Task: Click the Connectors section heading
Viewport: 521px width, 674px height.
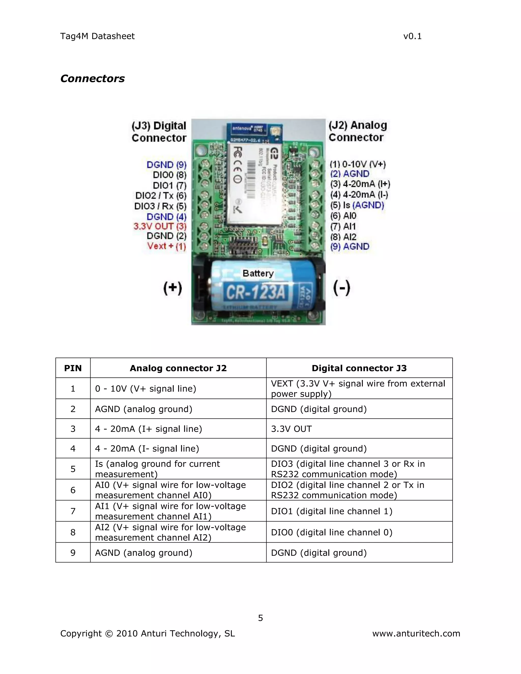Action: click(92, 78)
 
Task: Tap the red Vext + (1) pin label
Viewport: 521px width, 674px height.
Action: click(166, 246)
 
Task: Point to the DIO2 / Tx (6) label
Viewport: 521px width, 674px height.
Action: click(161, 196)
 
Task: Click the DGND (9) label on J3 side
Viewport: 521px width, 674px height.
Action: click(166, 165)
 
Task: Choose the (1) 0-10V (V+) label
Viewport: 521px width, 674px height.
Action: click(358, 164)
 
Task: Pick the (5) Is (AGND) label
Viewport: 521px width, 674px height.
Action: click(357, 205)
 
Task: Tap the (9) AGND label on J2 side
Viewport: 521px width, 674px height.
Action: click(350, 246)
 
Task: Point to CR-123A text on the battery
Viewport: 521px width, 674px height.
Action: click(256, 292)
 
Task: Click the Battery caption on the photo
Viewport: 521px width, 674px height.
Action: click(258, 273)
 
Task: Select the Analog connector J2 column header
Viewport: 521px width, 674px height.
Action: click(178, 368)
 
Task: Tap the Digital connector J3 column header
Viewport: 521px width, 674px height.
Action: click(359, 368)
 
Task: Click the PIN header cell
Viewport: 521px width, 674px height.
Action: click(73, 368)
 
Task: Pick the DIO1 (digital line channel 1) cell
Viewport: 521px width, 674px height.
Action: click(331, 511)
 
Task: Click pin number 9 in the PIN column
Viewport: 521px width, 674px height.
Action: click(73, 553)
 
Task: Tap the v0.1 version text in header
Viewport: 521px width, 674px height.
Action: click(412, 36)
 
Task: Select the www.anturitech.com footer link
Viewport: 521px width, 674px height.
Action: click(416, 634)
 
